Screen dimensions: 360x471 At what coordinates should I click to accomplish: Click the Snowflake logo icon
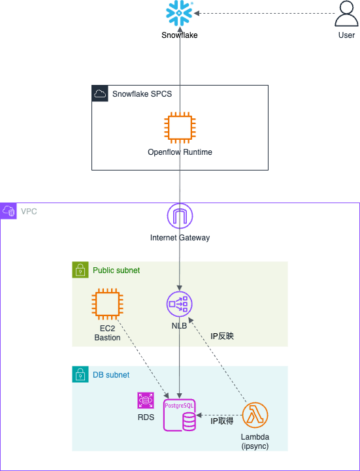(x=180, y=13)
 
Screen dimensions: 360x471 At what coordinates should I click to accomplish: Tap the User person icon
(x=346, y=14)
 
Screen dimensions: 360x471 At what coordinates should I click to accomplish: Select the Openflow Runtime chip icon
(x=180, y=127)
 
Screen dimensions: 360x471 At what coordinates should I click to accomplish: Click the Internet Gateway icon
(x=180, y=216)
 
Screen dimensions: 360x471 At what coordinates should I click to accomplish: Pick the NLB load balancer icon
(x=180, y=304)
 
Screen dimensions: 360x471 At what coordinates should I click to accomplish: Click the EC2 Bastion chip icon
(x=107, y=304)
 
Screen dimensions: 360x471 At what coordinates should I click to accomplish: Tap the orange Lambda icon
(x=255, y=415)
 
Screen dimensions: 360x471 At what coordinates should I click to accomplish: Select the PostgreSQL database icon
(x=180, y=415)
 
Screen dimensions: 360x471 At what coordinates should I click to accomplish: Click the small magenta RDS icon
(x=146, y=400)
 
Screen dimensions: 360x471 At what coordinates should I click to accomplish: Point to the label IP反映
(x=221, y=336)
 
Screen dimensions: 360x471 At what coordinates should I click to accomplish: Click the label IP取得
(x=221, y=421)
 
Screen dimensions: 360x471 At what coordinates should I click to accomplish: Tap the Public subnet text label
(x=116, y=270)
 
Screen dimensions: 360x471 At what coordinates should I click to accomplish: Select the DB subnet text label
(x=111, y=375)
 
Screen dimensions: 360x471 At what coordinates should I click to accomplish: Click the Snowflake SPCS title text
(x=142, y=93)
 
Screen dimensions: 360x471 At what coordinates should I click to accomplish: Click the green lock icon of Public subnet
(x=80, y=270)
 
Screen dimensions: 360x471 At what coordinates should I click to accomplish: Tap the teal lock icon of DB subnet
(x=80, y=374)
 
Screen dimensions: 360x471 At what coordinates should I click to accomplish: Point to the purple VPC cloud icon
(x=8, y=211)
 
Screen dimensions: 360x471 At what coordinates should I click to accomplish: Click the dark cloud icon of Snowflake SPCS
(x=100, y=93)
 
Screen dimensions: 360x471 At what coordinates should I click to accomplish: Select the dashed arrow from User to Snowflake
(x=264, y=13)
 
